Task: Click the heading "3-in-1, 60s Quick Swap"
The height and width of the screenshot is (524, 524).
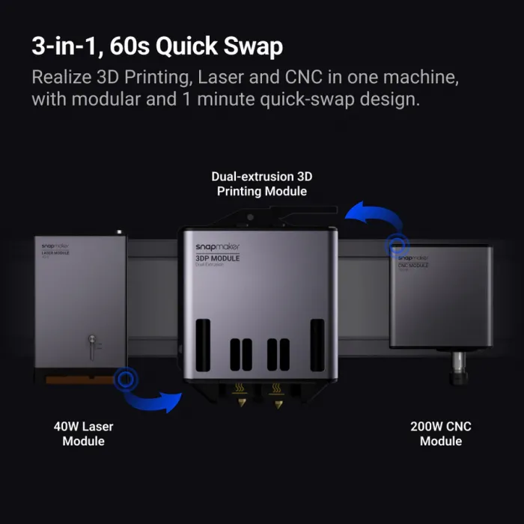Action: (x=157, y=46)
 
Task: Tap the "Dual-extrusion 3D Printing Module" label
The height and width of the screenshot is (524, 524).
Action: (x=262, y=183)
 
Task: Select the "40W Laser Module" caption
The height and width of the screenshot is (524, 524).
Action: (x=84, y=433)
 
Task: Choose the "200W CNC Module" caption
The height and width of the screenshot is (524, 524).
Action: (x=441, y=433)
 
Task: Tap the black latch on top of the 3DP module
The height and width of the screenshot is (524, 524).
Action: (x=255, y=218)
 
